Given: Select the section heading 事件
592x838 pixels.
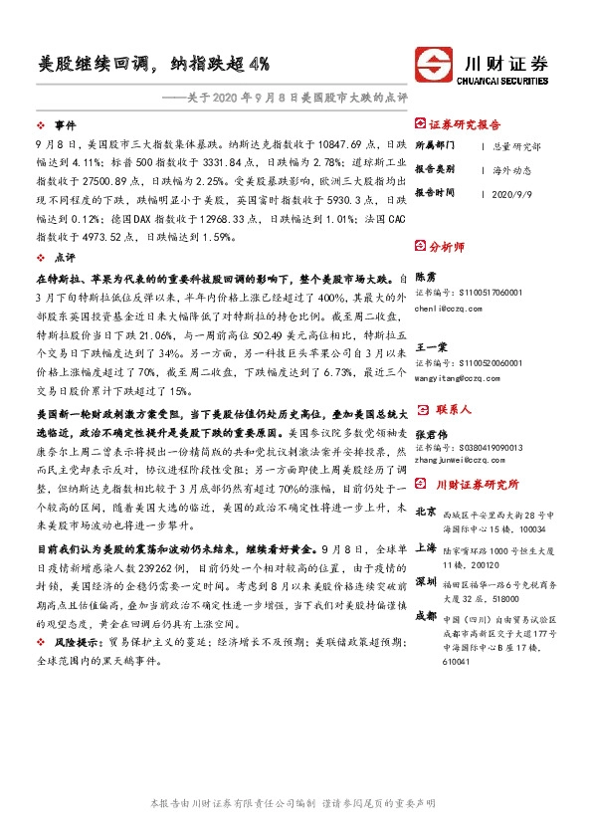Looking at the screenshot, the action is (66, 125).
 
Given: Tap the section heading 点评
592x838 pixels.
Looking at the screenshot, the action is (66, 257).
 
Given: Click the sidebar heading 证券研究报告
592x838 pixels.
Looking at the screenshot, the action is (465, 124).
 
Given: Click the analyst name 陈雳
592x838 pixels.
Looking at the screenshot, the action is (424, 275).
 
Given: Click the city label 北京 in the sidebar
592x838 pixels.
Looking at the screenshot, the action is (425, 511).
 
